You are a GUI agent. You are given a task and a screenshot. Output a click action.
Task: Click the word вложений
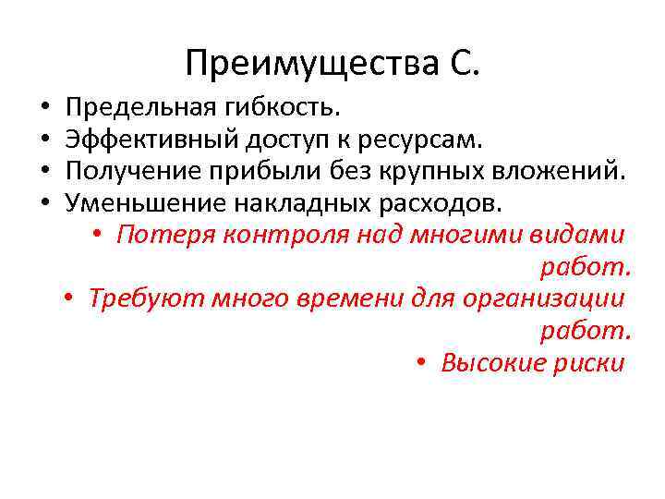tap(562, 171)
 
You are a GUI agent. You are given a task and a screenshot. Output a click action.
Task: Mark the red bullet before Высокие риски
tap(421, 362)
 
